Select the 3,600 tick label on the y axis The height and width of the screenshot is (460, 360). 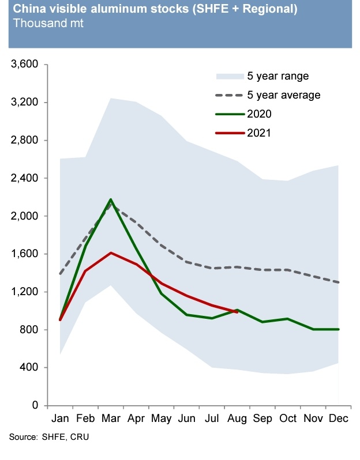pos(24,65)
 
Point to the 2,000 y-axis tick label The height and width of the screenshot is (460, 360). pos(24,216)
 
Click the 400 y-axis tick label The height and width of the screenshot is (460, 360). pos(29,368)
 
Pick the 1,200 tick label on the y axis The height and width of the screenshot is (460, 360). pos(24,292)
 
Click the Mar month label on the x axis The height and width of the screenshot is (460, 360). pos(111,418)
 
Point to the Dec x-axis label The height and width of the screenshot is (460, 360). pos(338,418)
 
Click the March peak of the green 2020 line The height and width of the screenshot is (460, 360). pos(111,199)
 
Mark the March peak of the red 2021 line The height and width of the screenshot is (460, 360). pos(111,252)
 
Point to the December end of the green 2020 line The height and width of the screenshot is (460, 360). pos(338,329)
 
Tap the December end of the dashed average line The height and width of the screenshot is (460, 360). pos(338,282)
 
